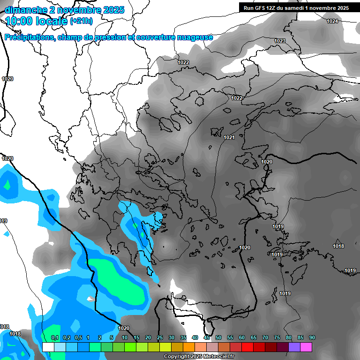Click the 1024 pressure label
(332, 22)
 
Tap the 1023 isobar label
(280, 41)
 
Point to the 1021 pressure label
(229, 138)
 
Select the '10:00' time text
(19, 21)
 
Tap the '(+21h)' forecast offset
(81, 21)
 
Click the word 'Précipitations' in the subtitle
(29, 37)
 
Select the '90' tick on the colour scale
(312, 337)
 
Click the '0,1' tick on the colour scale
(54, 337)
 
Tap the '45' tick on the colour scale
(207, 337)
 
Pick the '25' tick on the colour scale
(160, 337)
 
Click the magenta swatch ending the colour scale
(306, 347)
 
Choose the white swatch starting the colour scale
(48, 347)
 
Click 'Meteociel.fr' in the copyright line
(218, 357)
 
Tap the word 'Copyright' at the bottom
(177, 357)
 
